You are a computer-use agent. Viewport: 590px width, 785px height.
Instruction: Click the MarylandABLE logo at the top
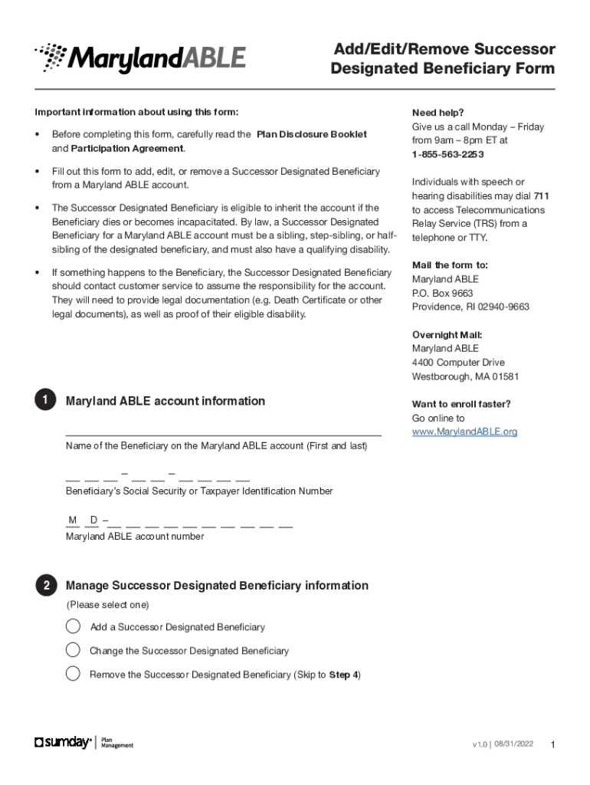click(x=139, y=58)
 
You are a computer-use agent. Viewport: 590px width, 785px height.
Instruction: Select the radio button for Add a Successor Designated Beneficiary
click(x=73, y=626)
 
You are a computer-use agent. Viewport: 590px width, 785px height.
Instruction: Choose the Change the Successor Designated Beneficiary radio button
click(x=73, y=650)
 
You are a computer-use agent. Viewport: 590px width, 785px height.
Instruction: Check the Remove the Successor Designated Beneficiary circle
click(x=73, y=674)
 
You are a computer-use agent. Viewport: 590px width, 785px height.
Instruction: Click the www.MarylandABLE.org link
click(x=464, y=432)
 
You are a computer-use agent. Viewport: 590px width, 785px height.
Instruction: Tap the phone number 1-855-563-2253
click(x=447, y=154)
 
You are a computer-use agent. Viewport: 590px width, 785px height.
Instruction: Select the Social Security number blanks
click(x=158, y=475)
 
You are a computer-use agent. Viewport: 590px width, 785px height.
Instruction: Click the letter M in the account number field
click(x=73, y=521)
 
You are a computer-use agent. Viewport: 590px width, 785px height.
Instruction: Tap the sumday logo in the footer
click(x=63, y=742)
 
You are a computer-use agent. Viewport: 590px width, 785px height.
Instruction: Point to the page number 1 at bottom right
click(x=552, y=745)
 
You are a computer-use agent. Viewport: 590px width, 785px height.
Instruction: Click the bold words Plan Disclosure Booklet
click(x=311, y=134)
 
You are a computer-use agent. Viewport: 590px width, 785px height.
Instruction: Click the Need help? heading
click(x=438, y=113)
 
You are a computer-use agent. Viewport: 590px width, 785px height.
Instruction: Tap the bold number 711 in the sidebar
click(x=541, y=195)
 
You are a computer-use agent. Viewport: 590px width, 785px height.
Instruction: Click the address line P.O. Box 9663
click(x=442, y=293)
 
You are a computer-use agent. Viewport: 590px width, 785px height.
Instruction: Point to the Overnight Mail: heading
click(x=447, y=335)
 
